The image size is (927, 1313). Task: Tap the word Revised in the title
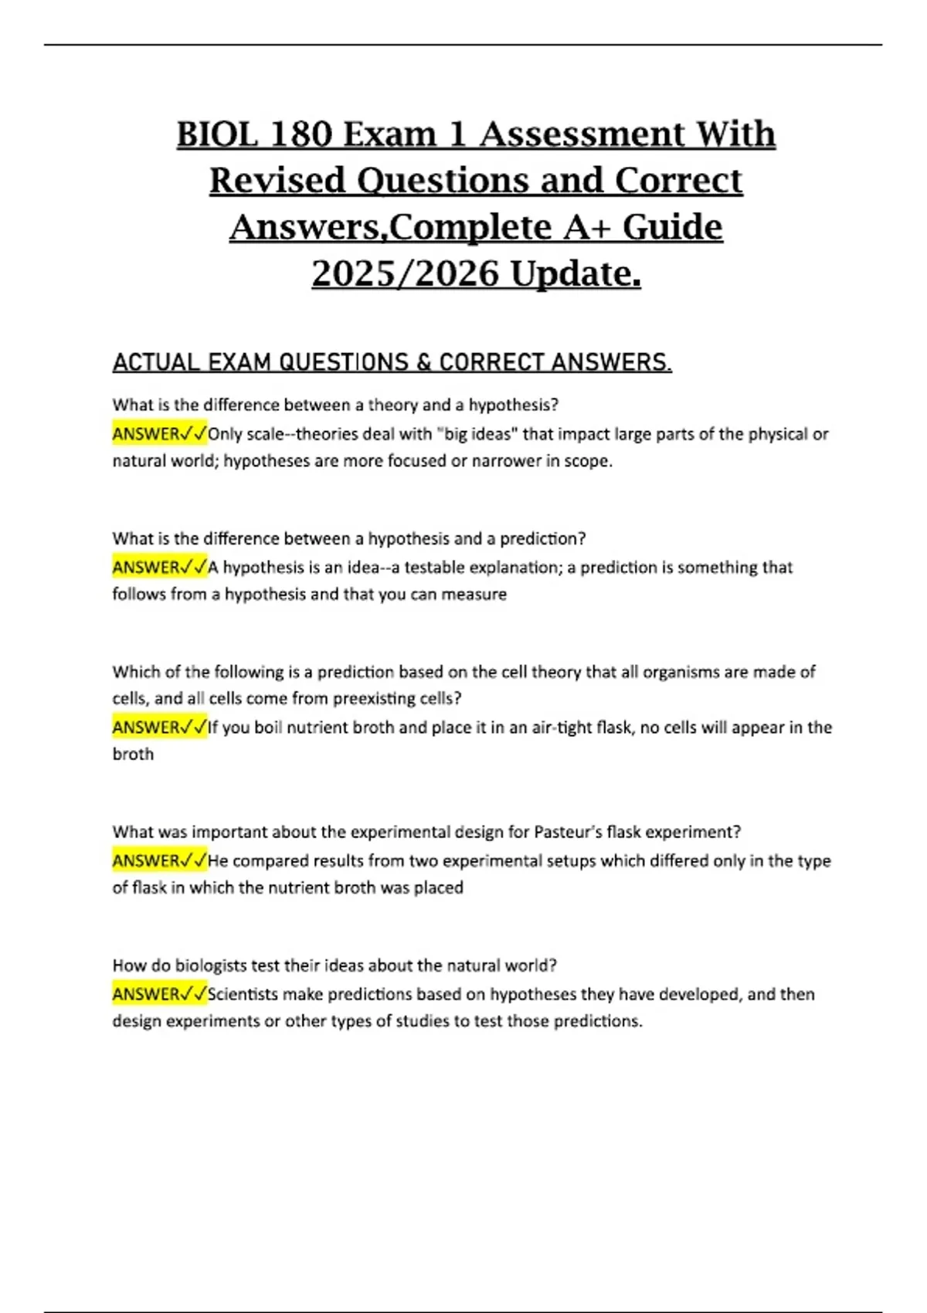coord(277,181)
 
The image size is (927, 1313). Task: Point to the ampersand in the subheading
coord(424,362)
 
